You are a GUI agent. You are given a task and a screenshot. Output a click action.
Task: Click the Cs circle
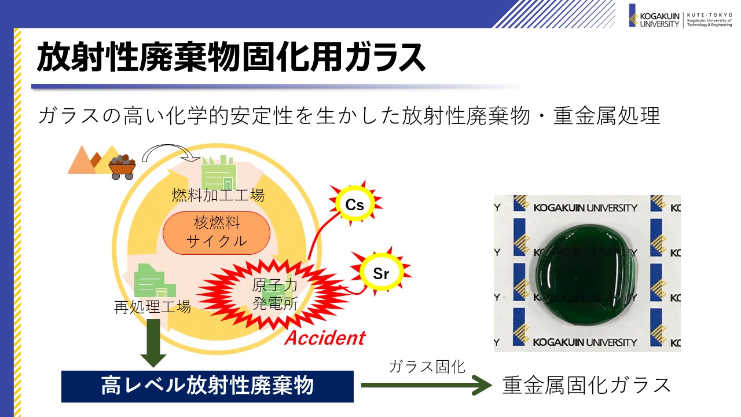pyautogui.click(x=355, y=204)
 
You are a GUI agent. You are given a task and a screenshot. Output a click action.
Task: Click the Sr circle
pyautogui.click(x=381, y=272)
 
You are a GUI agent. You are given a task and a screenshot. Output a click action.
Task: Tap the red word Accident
pyautogui.click(x=325, y=338)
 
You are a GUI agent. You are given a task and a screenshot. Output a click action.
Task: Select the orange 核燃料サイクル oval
pyautogui.click(x=217, y=233)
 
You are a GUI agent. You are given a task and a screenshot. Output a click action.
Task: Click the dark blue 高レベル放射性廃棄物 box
pyautogui.click(x=207, y=386)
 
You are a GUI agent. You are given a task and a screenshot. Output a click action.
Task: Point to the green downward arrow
pyautogui.click(x=153, y=342)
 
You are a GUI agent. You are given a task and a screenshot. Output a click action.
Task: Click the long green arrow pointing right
pyautogui.click(x=426, y=385)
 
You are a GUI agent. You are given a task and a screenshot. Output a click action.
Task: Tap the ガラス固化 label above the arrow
pyautogui.click(x=427, y=367)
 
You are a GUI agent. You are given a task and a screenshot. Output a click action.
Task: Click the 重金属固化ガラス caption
pyautogui.click(x=586, y=385)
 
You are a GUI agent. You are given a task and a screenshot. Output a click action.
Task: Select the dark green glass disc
pyautogui.click(x=585, y=275)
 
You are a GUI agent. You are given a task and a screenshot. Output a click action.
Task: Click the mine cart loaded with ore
pyautogui.click(x=122, y=167)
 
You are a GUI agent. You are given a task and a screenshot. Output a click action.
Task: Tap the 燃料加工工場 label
pyautogui.click(x=218, y=195)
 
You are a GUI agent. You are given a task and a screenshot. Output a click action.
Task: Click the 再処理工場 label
pyautogui.click(x=152, y=307)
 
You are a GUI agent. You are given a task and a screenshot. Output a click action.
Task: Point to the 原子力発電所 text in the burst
pyautogui.click(x=275, y=294)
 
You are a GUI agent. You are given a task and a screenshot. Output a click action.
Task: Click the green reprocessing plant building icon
pyautogui.click(x=155, y=281)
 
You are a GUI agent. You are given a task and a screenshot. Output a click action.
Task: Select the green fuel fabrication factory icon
pyautogui.click(x=219, y=173)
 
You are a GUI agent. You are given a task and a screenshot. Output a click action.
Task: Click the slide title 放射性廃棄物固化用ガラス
pyautogui.click(x=231, y=57)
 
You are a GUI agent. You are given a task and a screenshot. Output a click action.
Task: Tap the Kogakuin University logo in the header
pyautogui.click(x=680, y=16)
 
